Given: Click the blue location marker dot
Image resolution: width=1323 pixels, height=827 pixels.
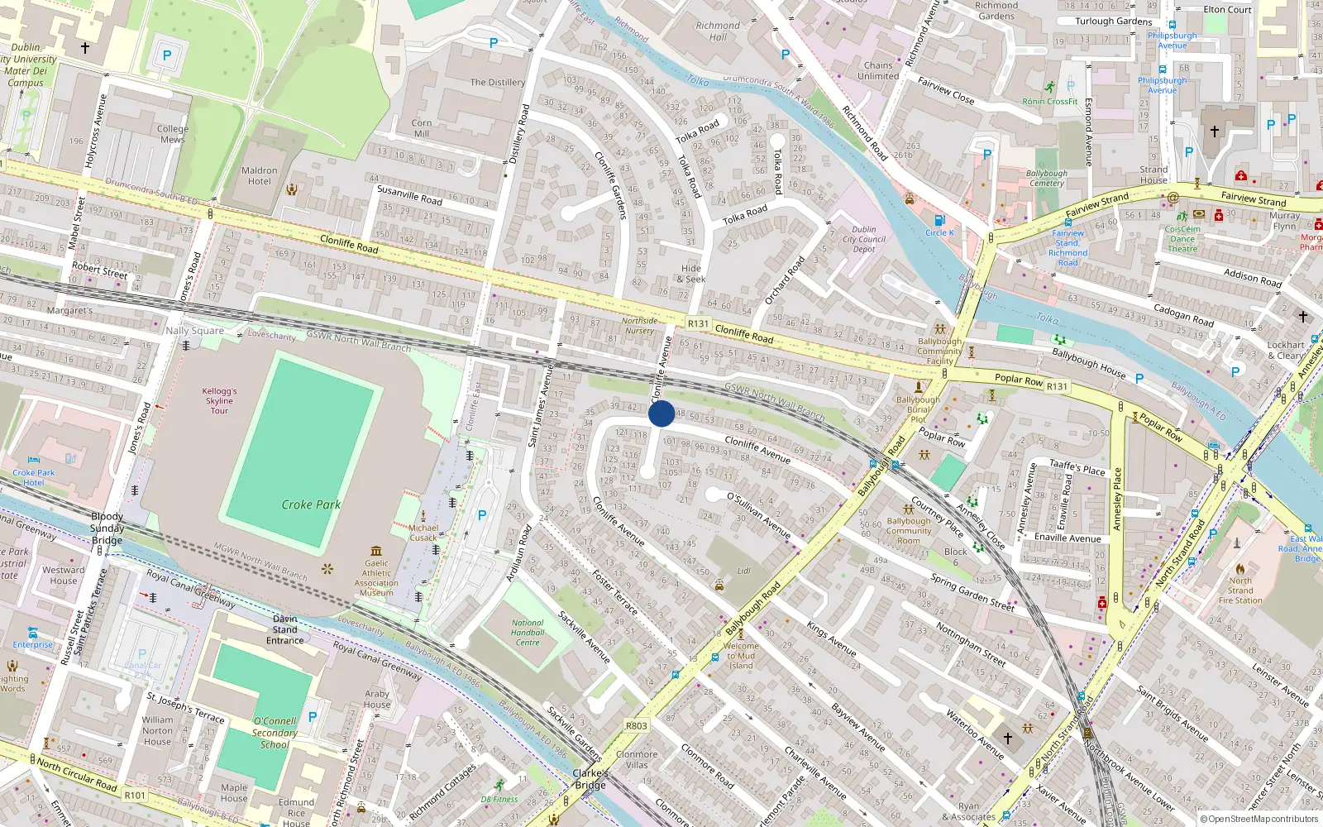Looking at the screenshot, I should coord(661,413).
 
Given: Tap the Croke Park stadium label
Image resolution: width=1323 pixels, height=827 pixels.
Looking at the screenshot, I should coord(311,504).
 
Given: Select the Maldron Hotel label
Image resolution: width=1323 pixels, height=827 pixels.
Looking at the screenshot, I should coord(259,176).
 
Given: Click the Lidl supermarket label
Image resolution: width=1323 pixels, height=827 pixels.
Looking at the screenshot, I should coord(743,571).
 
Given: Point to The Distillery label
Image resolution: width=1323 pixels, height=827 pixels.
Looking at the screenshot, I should coord(497,83).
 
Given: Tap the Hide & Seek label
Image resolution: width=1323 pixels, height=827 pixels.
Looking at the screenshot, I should coord(691,274).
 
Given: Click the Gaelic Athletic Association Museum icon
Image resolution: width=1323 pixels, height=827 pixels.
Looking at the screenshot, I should coord(376,551).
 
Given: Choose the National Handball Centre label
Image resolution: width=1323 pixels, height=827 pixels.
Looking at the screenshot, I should coord(528,633).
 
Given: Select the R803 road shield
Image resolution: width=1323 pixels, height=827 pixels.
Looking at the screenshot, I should coord(636,726).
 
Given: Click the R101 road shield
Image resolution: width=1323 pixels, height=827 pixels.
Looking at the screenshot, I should coord(135,796).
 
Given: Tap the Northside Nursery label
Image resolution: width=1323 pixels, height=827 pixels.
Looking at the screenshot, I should coord(639,326).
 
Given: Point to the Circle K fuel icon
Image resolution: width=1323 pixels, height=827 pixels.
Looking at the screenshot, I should coord(939,220).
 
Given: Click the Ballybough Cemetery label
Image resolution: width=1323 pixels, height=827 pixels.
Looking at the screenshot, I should coord(1046,179).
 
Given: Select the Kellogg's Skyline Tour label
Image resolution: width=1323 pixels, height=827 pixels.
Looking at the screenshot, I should coord(219,401).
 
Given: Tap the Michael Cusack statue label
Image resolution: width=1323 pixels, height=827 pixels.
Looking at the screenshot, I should coord(423,533).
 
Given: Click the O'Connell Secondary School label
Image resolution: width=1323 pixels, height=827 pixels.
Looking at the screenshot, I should coord(275,733).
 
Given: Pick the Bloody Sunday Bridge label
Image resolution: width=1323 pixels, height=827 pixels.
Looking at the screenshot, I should coord(107,528).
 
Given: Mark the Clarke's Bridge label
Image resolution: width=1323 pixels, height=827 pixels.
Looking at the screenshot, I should coord(590,779).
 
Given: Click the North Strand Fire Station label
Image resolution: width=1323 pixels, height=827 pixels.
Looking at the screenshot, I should coord(1239,590).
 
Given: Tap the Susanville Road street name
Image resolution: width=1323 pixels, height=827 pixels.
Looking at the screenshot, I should coord(409,195).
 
